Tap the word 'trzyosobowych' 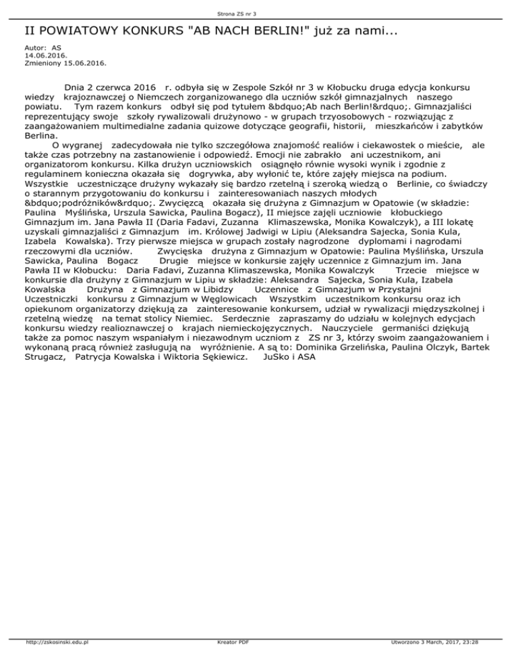point(300,115)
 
